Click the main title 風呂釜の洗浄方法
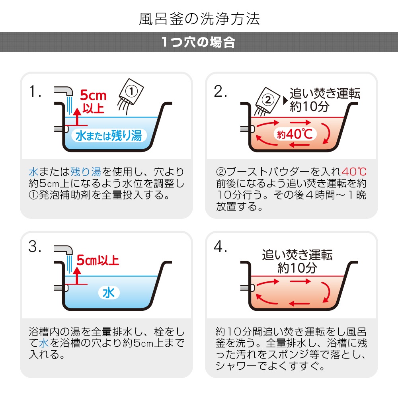(x=199, y=19)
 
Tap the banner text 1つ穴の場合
(x=198, y=42)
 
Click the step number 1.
(x=35, y=91)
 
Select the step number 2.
(x=220, y=92)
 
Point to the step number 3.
(x=35, y=247)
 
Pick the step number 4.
(x=220, y=247)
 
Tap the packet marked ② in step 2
(x=267, y=101)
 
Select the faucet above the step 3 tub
(x=63, y=250)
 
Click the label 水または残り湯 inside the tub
(x=109, y=136)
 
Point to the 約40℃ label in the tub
(x=295, y=134)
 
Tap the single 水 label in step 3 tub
(x=109, y=293)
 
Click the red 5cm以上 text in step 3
(x=98, y=260)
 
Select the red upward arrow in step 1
(x=77, y=117)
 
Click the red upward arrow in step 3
(x=77, y=276)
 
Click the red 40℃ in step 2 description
(x=354, y=172)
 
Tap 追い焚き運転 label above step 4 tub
(x=297, y=255)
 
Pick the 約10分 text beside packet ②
(x=309, y=106)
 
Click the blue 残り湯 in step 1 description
(x=86, y=172)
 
